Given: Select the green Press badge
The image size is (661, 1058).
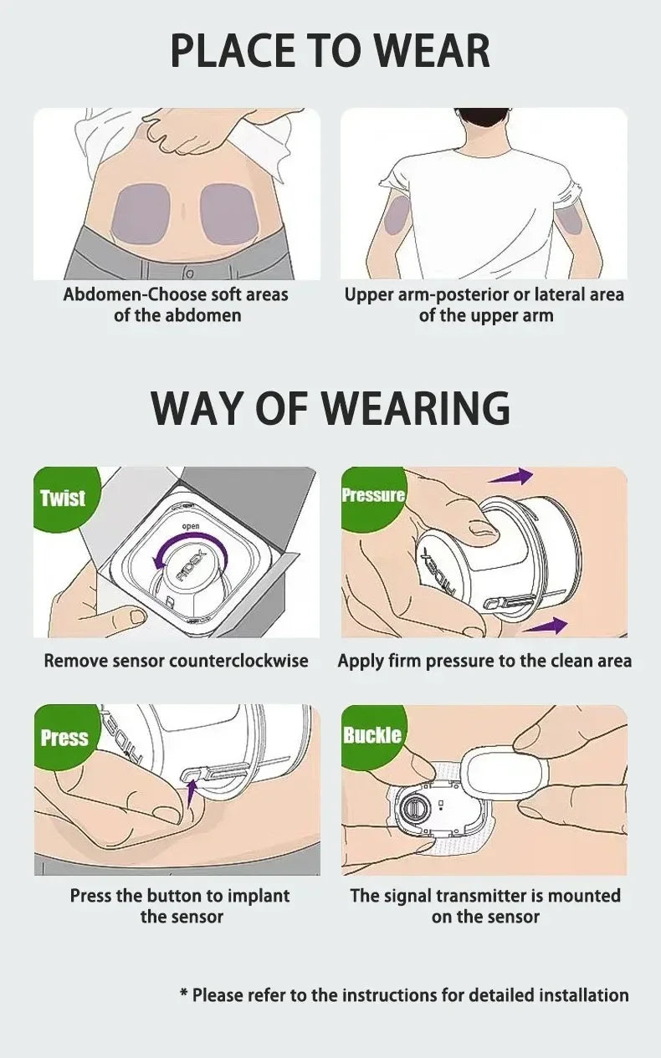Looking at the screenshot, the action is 64,738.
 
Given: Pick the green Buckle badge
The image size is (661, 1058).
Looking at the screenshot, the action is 372,735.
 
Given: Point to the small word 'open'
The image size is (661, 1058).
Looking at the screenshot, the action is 191,526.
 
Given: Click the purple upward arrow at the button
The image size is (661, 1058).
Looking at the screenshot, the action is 191,792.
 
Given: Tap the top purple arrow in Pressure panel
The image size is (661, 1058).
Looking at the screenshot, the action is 510,477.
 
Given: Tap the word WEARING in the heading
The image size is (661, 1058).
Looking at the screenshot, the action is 418,407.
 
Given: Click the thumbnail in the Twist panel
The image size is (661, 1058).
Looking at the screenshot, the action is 138,616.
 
